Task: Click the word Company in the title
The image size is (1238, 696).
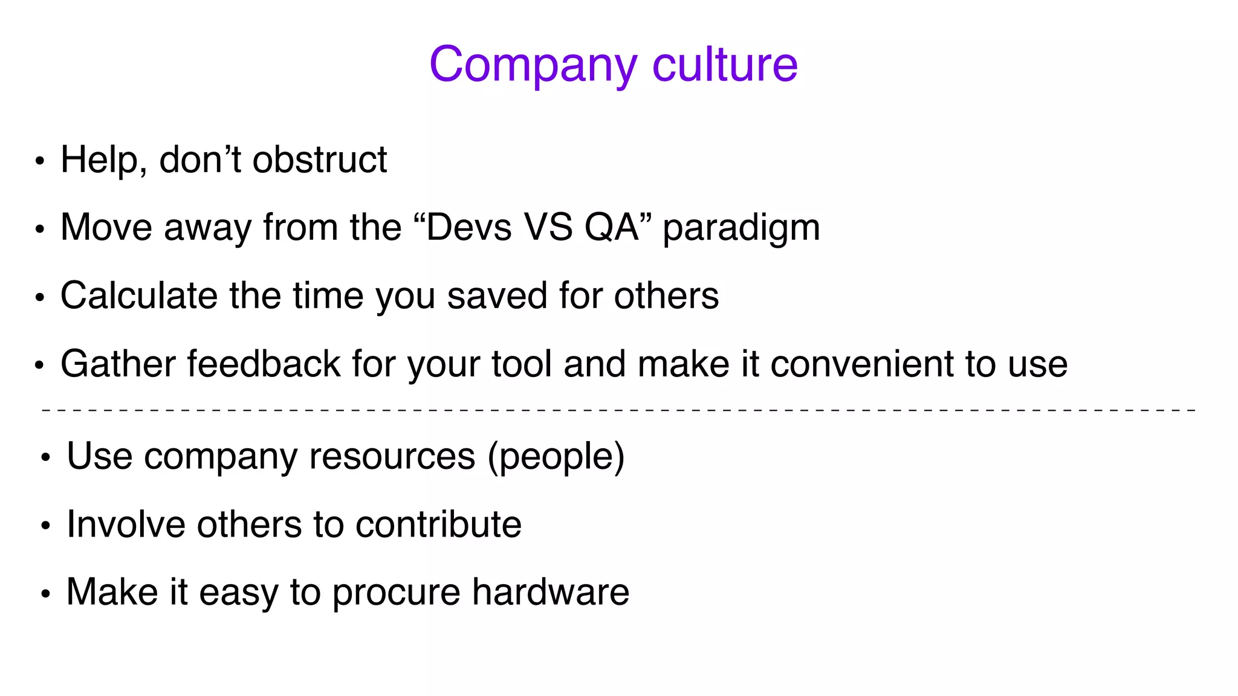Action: pos(533,65)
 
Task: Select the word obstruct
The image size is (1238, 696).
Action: pos(319,160)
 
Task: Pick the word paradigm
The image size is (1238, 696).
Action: pos(741,229)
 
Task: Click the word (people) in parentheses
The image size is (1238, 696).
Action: pos(556,456)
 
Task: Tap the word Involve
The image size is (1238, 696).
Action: pos(126,524)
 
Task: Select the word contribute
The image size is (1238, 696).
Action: pos(438,524)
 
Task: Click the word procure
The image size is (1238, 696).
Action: pos(396,592)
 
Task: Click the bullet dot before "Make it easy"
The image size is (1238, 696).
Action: pos(45,594)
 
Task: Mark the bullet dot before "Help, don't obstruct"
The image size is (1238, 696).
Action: pos(40,162)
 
